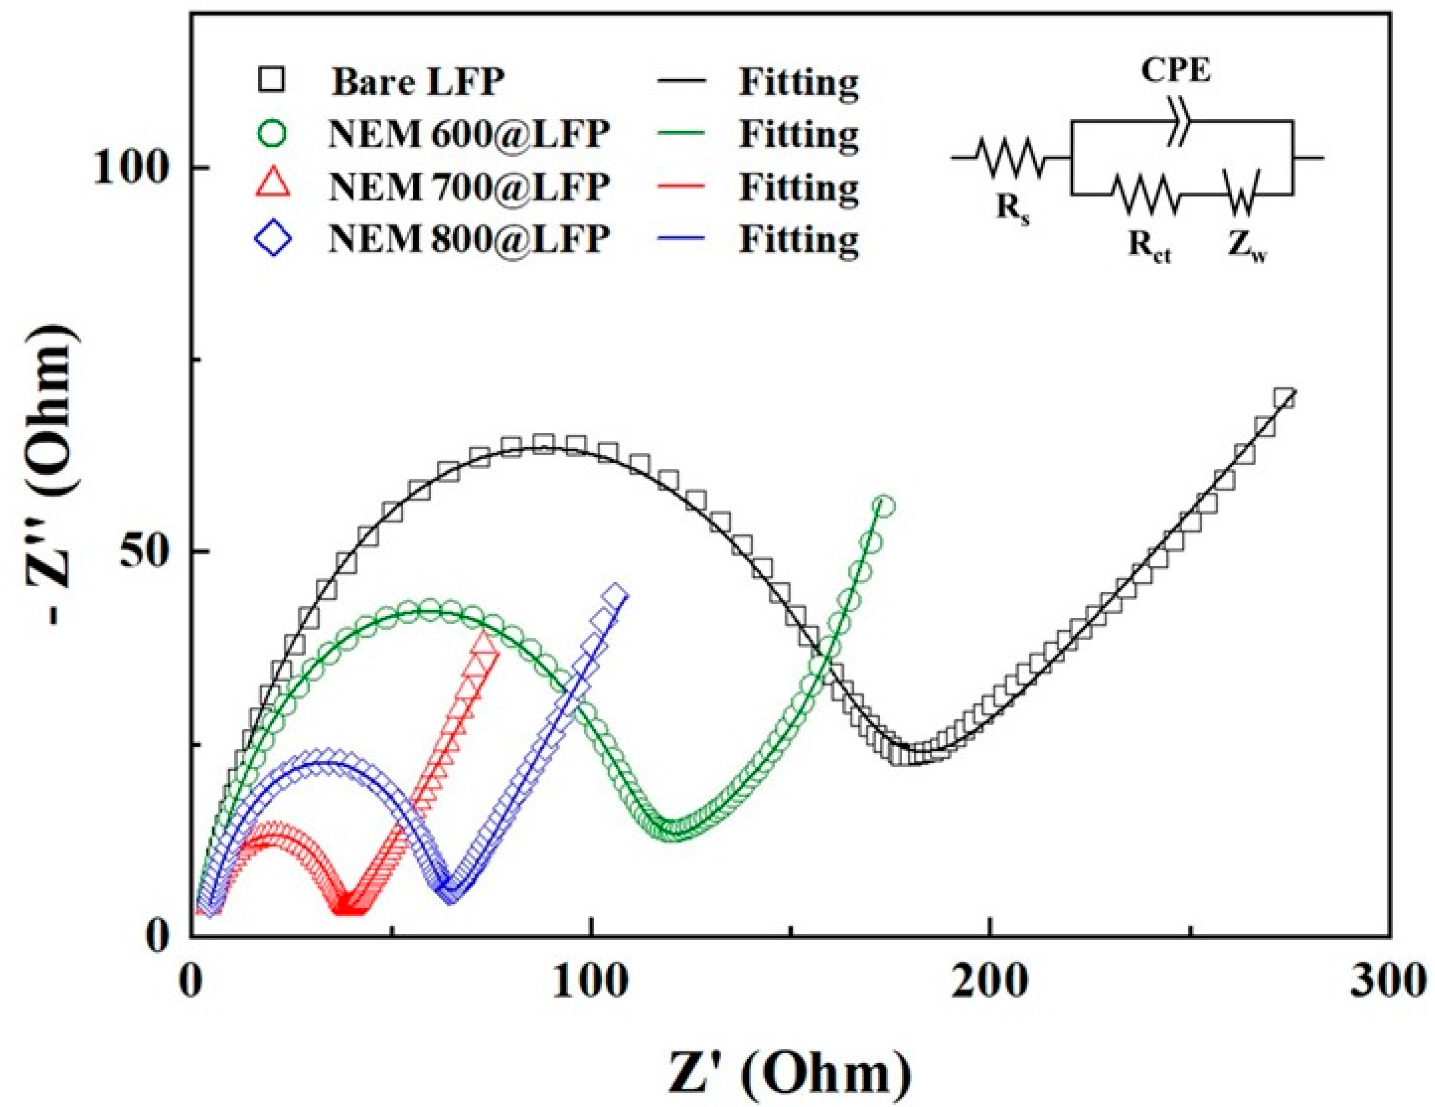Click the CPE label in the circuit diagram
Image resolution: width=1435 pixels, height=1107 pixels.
[1175, 70]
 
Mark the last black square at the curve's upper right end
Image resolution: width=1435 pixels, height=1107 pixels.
[1284, 399]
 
